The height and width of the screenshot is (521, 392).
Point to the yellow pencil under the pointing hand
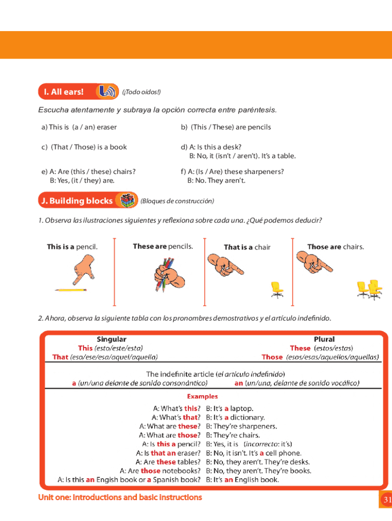[x=71, y=290]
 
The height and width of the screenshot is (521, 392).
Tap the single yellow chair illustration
[x=277, y=289]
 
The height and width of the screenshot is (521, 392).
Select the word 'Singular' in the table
[x=111, y=339]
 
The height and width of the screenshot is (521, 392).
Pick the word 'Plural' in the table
[x=324, y=339]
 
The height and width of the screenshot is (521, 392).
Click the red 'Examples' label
[x=202, y=396]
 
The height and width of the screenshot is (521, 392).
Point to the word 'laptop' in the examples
[x=241, y=408]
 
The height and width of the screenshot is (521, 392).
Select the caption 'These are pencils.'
[x=163, y=246]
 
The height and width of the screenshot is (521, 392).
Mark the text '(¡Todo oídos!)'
[x=141, y=92]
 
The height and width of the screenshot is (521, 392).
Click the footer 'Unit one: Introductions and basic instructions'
[x=120, y=497]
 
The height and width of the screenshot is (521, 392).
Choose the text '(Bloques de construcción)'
[x=177, y=201]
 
